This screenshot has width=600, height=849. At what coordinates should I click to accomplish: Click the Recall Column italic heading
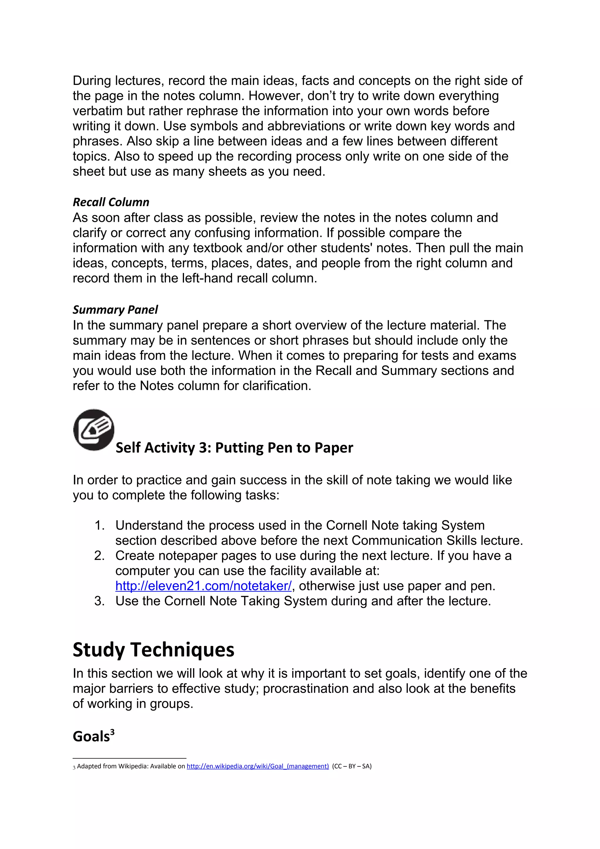click(111, 202)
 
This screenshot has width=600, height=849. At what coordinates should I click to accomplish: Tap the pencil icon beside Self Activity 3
click(94, 430)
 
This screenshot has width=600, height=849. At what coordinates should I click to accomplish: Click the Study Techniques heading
click(154, 650)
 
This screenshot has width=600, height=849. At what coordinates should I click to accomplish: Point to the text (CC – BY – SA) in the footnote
click(352, 766)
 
